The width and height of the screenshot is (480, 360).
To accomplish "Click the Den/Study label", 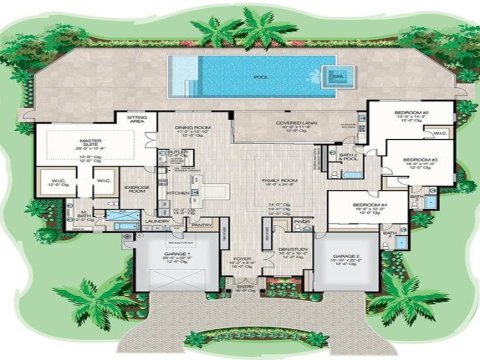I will (x=291, y=249).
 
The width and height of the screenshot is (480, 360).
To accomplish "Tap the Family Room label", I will (x=267, y=179).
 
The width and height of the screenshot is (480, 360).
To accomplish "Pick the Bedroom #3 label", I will (x=421, y=158).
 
